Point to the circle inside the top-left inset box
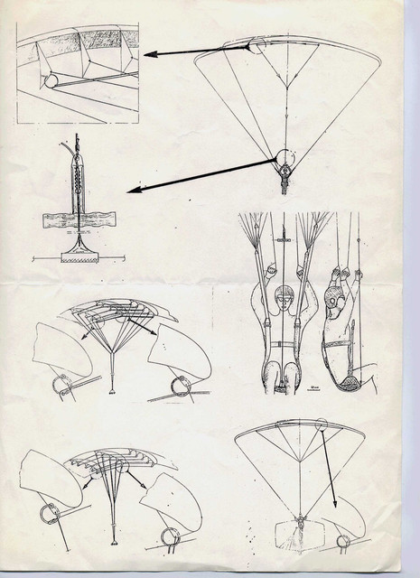[50, 80]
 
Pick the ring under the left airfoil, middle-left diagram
[62, 386]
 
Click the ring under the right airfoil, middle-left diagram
[181, 387]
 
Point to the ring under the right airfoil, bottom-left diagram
[170, 536]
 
